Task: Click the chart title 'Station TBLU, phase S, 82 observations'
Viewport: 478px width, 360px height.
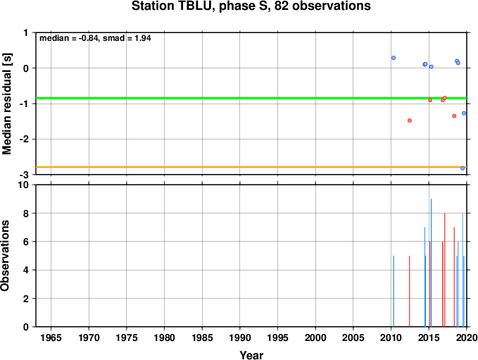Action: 251,6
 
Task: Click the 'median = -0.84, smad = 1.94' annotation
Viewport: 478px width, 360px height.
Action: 95,38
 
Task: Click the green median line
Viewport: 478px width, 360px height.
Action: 251,98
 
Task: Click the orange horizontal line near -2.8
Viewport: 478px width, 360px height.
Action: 251,167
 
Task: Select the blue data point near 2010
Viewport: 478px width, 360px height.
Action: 394,58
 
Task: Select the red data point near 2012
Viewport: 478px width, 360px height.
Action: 410,120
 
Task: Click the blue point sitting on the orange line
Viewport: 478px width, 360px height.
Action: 463,168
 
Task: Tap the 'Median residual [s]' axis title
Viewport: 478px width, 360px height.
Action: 7,104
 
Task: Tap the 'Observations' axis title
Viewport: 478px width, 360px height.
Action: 5,256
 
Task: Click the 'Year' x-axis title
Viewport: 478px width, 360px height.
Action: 251,355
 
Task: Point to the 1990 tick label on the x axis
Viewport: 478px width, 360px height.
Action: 240,337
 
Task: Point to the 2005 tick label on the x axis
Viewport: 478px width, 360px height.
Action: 353,337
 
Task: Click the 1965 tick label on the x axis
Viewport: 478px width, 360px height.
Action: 51,337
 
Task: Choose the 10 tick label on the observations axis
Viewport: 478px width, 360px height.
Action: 23,185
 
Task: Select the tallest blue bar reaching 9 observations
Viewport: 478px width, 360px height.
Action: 431,263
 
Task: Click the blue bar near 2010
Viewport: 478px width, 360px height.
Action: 394,291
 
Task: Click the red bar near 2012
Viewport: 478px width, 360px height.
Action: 410,291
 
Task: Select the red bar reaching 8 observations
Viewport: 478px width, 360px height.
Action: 445,270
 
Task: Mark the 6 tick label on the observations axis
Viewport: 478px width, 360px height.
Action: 26,242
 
